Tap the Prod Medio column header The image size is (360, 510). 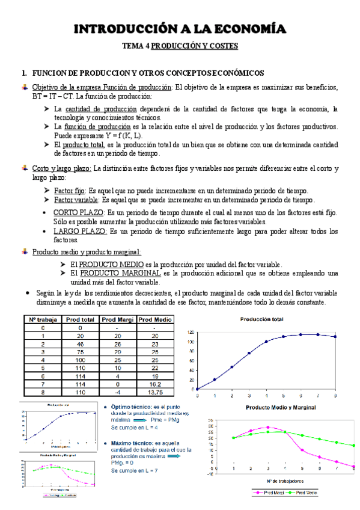156,319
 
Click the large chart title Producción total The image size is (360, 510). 263,319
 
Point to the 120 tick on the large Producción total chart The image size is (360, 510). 191,332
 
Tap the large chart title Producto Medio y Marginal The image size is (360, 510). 280,408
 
